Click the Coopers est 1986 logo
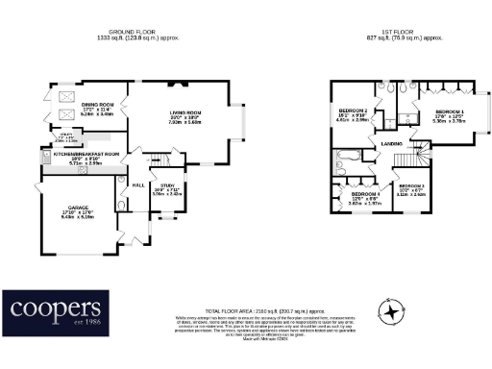55,311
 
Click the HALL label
137,185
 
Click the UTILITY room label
66,136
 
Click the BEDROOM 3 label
411,184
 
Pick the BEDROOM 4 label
364,194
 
